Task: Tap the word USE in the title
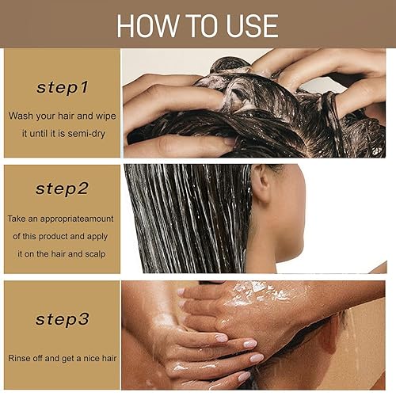click(x=252, y=25)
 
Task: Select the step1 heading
click(x=63, y=88)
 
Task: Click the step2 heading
click(x=62, y=189)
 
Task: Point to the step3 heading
click(x=63, y=319)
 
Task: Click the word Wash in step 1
click(x=21, y=116)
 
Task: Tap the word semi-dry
click(x=86, y=134)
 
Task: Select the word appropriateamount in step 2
click(x=77, y=219)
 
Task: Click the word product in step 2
click(x=53, y=236)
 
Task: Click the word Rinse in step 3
click(x=17, y=358)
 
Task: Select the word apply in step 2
click(x=97, y=237)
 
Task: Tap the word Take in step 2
click(x=16, y=219)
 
